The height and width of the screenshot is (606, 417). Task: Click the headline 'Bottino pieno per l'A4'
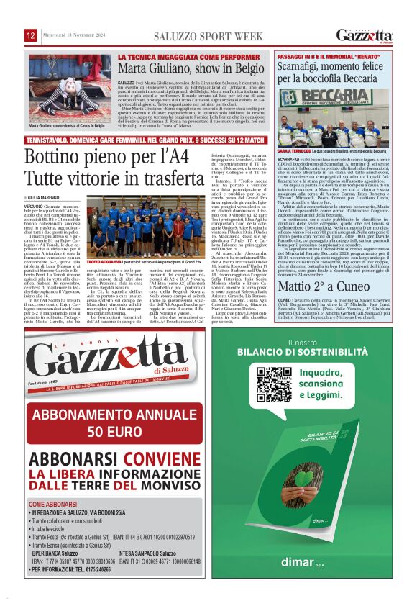[97, 156]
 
